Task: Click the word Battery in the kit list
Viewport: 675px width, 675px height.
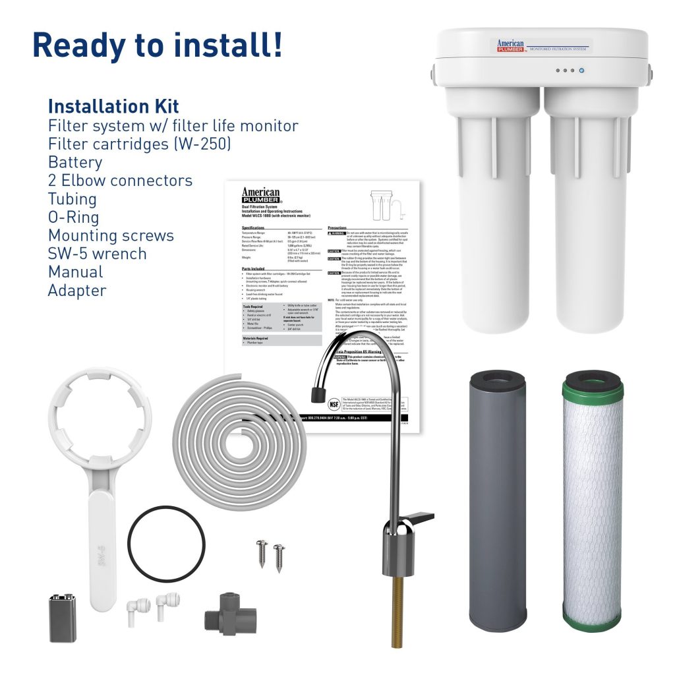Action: (75, 162)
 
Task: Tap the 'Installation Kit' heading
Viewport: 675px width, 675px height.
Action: (113, 106)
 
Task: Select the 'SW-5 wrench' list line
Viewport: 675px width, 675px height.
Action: (97, 254)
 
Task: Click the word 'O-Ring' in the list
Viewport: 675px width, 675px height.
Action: (73, 218)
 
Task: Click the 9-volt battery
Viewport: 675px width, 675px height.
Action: (63, 618)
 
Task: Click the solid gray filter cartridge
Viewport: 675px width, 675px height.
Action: (496, 501)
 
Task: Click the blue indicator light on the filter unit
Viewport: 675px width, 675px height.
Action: (581, 70)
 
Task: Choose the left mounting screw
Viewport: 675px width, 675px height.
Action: (262, 552)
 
